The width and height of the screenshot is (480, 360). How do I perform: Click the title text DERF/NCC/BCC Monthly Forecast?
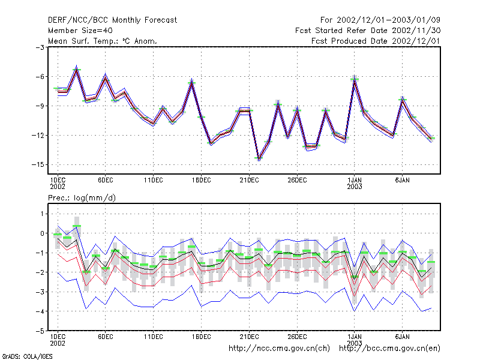tap(112, 20)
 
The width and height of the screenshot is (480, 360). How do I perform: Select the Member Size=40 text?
tap(80, 31)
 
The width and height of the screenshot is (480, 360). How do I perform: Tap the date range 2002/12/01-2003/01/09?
tap(388, 20)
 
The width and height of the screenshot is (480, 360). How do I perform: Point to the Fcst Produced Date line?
tap(376, 41)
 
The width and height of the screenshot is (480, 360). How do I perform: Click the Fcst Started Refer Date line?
tap(368, 31)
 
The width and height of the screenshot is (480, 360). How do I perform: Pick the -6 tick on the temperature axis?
tap(40, 77)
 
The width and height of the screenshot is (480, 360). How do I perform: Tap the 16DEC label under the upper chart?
tap(202, 181)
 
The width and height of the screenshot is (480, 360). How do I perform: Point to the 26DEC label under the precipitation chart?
tap(297, 337)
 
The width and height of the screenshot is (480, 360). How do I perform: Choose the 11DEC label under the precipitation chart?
tap(154, 337)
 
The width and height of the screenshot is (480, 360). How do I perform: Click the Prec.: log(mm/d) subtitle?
tap(82, 198)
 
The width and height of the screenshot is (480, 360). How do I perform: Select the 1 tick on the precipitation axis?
tap(42, 214)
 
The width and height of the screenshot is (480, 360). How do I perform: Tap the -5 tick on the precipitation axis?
tap(40, 331)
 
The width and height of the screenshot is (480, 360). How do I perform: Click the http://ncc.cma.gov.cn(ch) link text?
tap(279, 349)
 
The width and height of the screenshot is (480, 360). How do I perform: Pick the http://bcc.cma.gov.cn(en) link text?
tap(389, 349)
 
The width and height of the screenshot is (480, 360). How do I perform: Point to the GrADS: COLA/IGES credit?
tap(27, 356)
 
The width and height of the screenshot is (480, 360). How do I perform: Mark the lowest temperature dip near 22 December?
tap(259, 158)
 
